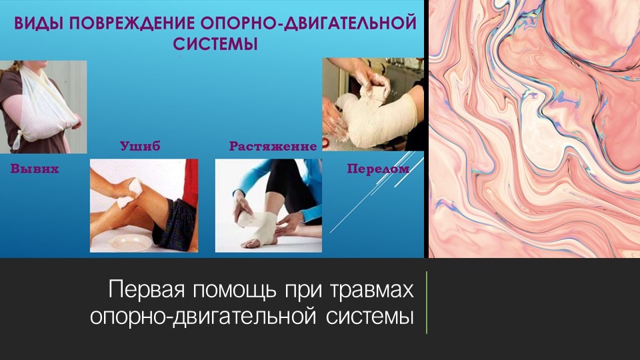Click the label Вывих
35,169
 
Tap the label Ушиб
140,146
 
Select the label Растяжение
273,146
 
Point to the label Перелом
377,169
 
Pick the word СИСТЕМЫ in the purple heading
215,45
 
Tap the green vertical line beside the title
426,302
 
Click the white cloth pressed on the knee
124,190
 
